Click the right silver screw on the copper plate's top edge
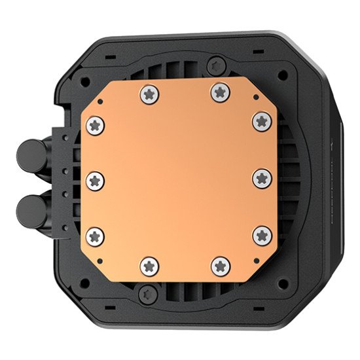pyautogui.click(x=220, y=93)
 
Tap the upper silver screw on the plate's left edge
pyautogui.click(x=96, y=124)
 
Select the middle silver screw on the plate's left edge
pyautogui.click(x=96, y=178)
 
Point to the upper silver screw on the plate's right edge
pyautogui.click(x=261, y=120)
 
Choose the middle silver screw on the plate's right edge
pyautogui.click(x=261, y=177)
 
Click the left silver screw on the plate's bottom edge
pyautogui.click(x=149, y=265)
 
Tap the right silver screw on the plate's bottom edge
pyautogui.click(x=219, y=265)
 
